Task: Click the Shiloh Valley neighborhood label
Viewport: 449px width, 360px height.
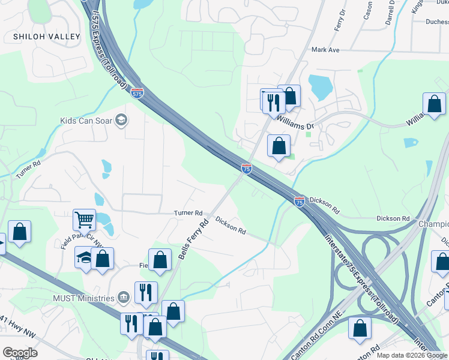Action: [47, 37]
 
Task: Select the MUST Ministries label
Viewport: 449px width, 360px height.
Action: [83, 298]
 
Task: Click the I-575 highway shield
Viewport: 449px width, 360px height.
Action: [137, 93]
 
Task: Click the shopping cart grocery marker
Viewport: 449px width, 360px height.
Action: [85, 220]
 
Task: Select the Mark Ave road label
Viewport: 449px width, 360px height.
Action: [326, 50]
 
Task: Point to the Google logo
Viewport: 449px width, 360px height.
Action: [20, 353]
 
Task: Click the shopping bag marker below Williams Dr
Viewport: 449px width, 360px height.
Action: [279, 146]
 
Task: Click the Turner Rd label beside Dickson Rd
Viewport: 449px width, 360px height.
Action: [188, 213]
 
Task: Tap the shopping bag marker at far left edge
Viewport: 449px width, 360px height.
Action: [19, 232]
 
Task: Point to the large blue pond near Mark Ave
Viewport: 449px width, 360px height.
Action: [320, 88]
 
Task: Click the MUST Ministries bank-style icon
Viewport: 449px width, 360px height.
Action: [123, 297]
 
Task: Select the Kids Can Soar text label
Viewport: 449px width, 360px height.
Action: [87, 121]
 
